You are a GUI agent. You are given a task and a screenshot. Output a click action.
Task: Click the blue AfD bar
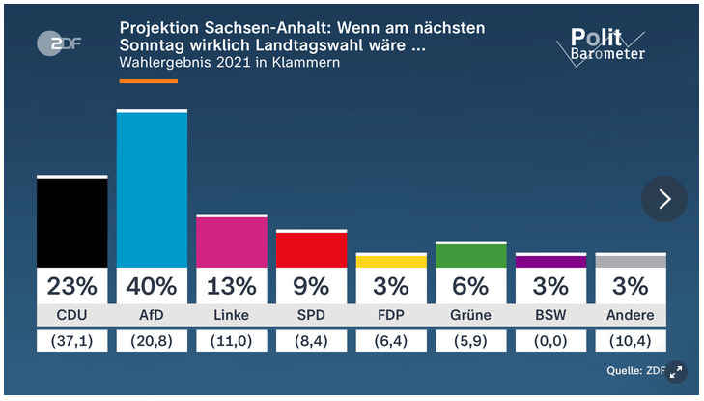152,189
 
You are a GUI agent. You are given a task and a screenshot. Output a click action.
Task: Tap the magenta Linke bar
232,242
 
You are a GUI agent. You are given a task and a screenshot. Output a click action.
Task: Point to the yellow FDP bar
391,261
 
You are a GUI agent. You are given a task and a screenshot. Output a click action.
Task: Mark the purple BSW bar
550,261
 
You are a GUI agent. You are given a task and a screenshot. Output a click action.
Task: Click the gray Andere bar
631,261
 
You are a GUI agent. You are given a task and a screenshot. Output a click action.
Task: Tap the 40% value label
152,286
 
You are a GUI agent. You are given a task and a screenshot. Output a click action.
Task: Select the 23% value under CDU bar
71,286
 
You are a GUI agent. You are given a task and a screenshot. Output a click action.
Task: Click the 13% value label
232,286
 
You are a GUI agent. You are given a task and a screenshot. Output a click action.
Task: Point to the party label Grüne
471,315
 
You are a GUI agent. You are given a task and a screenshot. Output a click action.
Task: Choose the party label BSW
550,315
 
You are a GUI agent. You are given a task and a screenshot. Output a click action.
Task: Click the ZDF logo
59,43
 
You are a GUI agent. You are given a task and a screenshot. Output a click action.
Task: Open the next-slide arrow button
664,199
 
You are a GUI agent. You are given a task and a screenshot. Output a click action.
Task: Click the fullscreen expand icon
676,372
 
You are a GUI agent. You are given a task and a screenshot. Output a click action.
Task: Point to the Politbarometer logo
602,47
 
